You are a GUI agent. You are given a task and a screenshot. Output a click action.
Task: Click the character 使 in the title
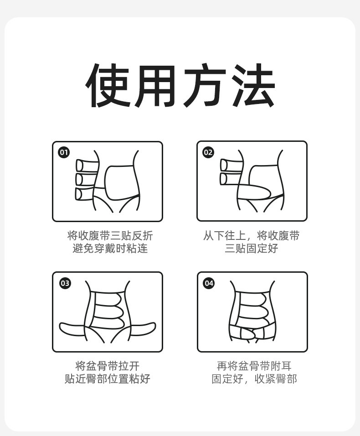tap(108, 86)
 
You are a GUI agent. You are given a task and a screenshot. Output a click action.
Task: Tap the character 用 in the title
tap(154, 86)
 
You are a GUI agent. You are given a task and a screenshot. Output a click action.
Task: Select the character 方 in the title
tap(205, 86)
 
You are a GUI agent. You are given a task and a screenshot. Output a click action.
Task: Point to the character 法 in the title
tap(253, 86)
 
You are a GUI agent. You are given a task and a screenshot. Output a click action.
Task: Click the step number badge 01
tap(64, 152)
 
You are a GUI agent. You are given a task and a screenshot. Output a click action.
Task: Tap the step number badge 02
tap(208, 152)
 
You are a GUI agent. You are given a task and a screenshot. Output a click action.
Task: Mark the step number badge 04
tap(209, 283)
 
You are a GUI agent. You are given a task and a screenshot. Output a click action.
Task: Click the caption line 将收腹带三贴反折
tap(110, 235)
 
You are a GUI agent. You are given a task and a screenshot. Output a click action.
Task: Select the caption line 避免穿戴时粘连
tap(110, 248)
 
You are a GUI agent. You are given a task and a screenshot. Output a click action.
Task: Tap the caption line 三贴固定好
tap(252, 248)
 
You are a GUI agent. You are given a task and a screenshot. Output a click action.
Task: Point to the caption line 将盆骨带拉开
tap(107, 366)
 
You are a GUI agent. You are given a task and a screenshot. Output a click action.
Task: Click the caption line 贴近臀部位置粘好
tap(107, 379)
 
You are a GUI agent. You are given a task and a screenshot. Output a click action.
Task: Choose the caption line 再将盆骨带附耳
tap(254, 366)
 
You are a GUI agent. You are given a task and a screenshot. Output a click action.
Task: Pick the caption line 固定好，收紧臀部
tap(254, 379)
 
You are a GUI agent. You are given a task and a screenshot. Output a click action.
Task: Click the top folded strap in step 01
tap(87, 165)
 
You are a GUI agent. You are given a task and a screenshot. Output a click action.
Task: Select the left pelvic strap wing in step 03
tap(72, 330)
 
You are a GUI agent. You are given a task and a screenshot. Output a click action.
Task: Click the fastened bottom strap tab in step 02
tap(254, 192)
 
